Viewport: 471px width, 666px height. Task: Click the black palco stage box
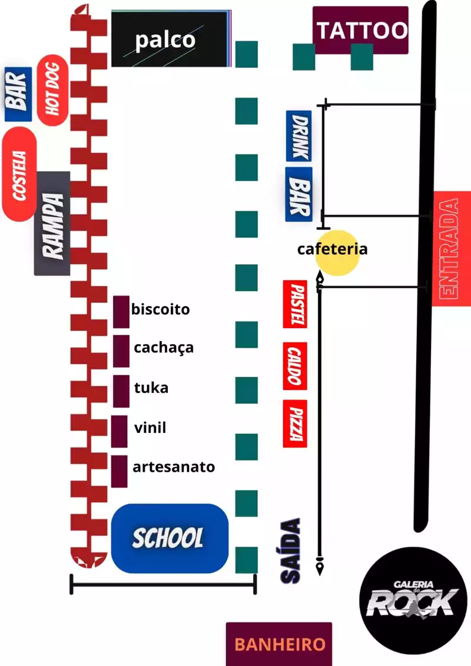[169, 39]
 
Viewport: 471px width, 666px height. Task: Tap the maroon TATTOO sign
[360, 30]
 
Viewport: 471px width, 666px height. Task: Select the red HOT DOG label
[53, 90]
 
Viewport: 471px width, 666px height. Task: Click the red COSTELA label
[19, 175]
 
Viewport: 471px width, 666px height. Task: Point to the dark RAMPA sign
[52, 224]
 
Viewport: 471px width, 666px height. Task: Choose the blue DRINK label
[299, 136]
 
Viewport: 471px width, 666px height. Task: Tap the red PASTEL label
[295, 304]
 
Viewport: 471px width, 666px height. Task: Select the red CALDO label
[295, 366]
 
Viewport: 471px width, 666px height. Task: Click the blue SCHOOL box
[170, 538]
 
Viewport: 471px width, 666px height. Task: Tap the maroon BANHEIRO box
[279, 644]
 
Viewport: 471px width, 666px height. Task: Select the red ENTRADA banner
[450, 249]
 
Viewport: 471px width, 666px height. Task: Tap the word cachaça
[164, 347]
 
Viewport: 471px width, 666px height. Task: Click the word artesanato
[174, 467]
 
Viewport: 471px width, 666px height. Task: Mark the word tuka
[151, 388]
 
